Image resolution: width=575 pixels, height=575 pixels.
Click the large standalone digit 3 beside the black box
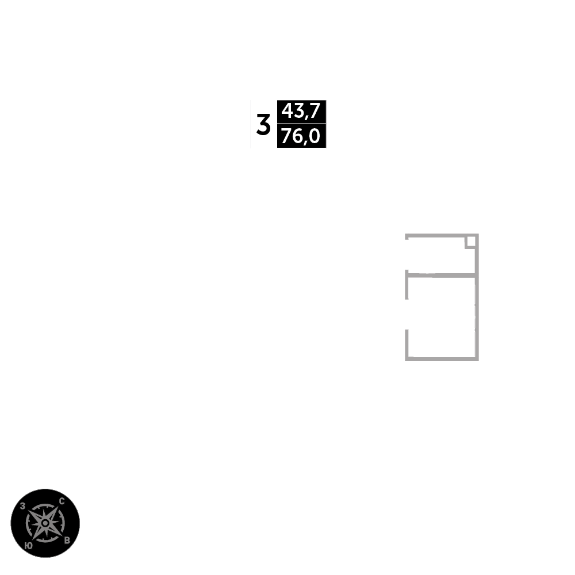(x=263, y=125)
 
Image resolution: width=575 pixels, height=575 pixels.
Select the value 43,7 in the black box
(x=301, y=111)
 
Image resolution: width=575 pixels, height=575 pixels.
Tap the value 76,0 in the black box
(x=301, y=136)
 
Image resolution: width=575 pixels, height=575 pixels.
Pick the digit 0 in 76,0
(x=315, y=136)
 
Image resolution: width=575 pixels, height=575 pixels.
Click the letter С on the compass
(x=62, y=501)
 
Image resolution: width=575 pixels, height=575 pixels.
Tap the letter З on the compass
(x=22, y=506)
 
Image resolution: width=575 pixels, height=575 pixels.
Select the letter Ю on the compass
(x=29, y=546)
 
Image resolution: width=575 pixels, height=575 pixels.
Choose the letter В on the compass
(x=67, y=540)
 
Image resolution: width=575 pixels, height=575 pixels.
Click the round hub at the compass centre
(x=45, y=523)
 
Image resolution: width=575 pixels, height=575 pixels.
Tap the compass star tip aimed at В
(x=61, y=535)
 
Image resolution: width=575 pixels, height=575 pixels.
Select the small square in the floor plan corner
(x=471, y=241)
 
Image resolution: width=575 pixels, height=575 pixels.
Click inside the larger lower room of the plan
(x=442, y=317)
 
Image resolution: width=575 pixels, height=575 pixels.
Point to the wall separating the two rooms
(x=442, y=275)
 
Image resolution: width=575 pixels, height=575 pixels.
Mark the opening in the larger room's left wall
(x=407, y=315)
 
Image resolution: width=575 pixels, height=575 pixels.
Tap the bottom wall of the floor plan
(x=442, y=359)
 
